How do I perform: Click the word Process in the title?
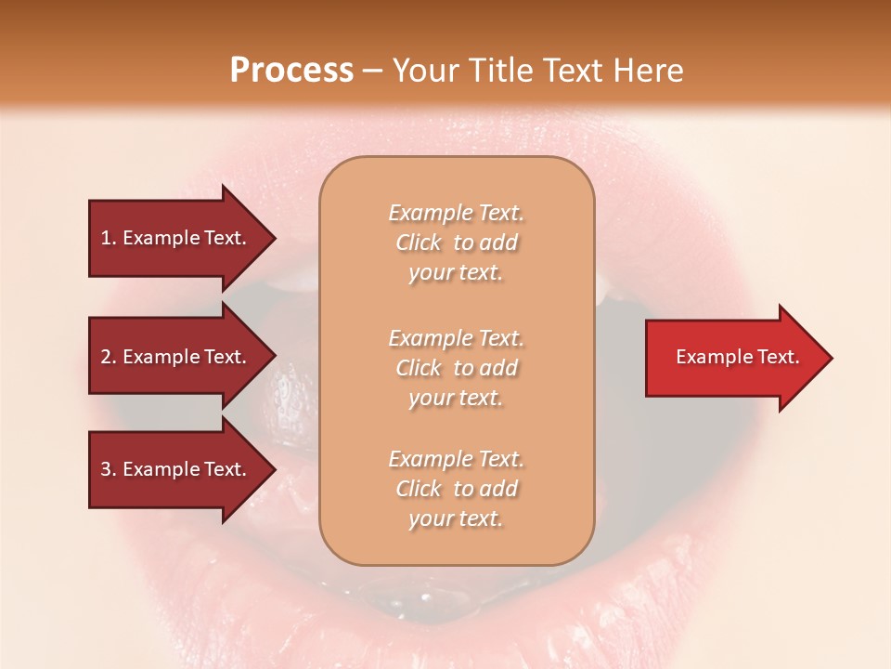(291, 71)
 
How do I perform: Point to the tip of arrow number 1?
(274, 238)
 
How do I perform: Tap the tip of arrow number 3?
(274, 469)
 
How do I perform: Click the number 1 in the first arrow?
(106, 238)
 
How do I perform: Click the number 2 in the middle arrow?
(106, 357)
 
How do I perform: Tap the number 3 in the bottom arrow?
(106, 469)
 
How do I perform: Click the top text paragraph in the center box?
(456, 243)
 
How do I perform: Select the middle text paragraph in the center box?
(456, 368)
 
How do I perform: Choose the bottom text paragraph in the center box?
(456, 489)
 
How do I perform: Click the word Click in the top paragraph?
(418, 243)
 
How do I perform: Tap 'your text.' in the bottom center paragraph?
(456, 519)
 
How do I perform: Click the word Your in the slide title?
(426, 71)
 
